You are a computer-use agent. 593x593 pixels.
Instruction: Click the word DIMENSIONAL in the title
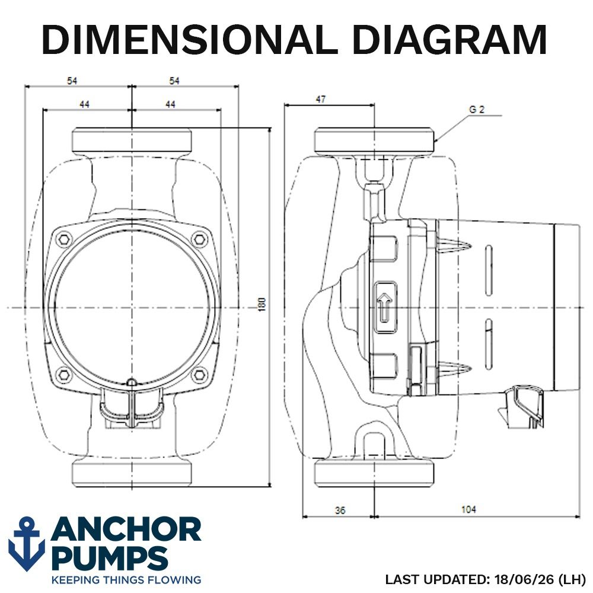point(190,40)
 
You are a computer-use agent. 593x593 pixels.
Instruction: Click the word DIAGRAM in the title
point(449,40)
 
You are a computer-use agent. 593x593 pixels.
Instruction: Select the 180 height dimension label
point(262,304)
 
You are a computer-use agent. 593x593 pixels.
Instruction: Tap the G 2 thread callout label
point(477,110)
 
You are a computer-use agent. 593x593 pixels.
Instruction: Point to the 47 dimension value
point(320,99)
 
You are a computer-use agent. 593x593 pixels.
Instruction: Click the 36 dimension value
point(340,510)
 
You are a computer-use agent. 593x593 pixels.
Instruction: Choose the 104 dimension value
point(468,509)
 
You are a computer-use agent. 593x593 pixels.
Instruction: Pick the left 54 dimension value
point(72,81)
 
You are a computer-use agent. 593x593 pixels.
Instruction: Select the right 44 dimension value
point(170,104)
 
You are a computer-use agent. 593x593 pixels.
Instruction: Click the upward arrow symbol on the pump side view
point(385,307)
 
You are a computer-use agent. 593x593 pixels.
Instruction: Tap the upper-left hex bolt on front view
point(64,239)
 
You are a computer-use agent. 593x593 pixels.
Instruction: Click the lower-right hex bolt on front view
point(199,375)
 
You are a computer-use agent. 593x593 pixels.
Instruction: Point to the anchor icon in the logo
point(27,543)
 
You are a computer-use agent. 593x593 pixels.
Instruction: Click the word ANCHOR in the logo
point(126,530)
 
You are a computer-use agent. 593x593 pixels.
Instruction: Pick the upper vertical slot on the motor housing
point(489,270)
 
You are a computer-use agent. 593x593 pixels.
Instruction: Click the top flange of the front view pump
point(132,141)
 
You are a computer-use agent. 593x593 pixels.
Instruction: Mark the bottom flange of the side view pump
point(374,473)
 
